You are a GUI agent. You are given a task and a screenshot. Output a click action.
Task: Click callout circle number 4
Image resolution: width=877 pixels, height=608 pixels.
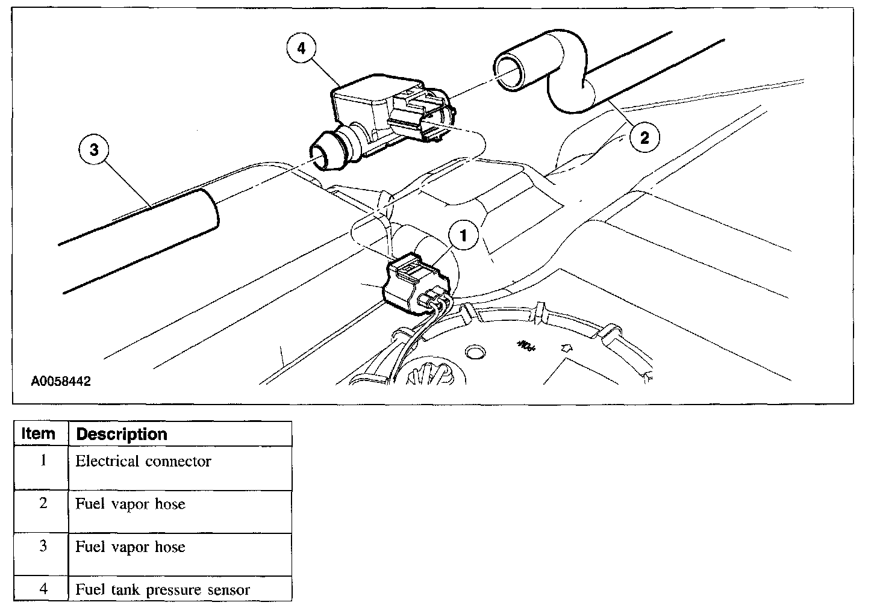(301, 48)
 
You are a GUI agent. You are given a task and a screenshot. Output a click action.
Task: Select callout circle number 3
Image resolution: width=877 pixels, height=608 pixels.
(93, 150)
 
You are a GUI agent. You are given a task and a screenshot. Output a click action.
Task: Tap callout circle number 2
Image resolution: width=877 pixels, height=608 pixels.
(644, 138)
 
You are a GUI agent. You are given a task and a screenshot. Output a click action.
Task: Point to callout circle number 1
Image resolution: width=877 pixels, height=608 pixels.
(463, 237)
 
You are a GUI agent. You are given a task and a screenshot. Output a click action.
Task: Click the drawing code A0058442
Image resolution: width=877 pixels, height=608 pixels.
(61, 382)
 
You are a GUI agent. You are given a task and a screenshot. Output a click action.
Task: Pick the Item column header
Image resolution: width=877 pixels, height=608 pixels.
(39, 434)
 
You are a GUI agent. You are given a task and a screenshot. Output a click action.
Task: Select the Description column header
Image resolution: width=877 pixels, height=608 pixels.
(122, 434)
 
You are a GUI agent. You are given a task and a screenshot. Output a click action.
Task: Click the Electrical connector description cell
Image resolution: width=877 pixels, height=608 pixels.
(143, 462)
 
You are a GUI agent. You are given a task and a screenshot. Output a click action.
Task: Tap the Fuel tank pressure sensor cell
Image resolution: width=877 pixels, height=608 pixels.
(163, 589)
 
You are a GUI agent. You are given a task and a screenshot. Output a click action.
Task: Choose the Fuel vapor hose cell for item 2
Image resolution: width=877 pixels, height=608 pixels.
(130, 504)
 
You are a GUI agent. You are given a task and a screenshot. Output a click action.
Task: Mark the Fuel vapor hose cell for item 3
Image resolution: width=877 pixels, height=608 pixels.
(130, 547)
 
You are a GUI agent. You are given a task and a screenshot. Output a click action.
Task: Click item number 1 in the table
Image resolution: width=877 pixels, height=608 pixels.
(43, 461)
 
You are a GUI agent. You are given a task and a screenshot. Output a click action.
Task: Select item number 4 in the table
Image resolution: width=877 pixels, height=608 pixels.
(43, 589)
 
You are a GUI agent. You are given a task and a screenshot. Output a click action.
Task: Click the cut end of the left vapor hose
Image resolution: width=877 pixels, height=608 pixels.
(208, 209)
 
